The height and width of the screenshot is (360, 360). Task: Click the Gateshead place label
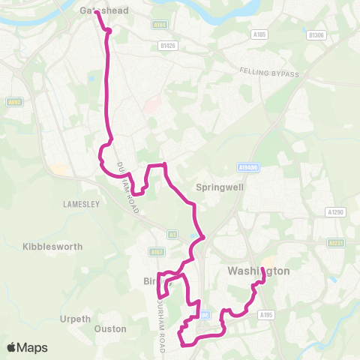pyautogui.click(x=103, y=10)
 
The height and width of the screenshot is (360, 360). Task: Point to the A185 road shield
pyautogui.click(x=259, y=34)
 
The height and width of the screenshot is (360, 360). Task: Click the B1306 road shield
pyautogui.click(x=317, y=34)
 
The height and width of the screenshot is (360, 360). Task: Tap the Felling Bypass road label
pyautogui.click(x=269, y=72)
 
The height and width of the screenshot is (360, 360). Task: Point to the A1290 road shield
pyautogui.click(x=336, y=212)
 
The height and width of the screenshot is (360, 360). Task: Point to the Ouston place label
pyautogui.click(x=110, y=329)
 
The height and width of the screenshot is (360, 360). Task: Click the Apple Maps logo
pyautogui.click(x=27, y=347)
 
